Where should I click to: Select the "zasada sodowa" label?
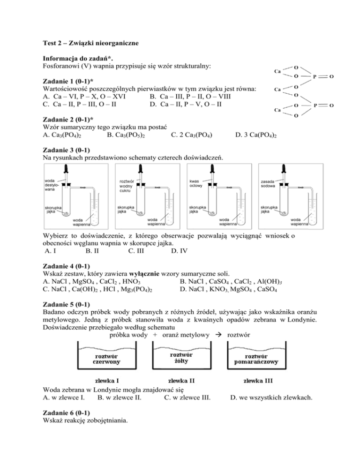(x=268, y=183)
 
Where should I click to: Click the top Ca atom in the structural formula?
(x=277, y=72)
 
